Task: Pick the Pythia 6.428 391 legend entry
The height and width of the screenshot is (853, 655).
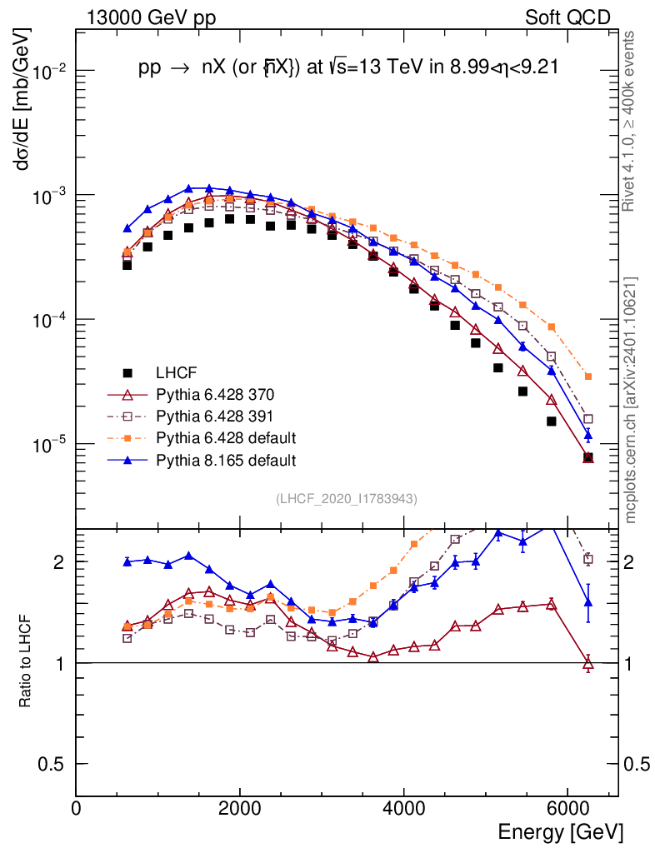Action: [213, 416]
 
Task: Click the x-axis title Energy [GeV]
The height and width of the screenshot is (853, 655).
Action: [560, 831]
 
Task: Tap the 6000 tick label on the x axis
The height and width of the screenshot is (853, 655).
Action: [567, 808]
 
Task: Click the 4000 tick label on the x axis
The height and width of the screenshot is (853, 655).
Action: [404, 808]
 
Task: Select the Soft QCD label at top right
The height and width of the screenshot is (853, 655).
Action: [567, 17]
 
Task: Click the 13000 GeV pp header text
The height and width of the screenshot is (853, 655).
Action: [151, 17]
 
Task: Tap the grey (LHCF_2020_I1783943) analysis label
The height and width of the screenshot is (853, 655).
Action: [347, 498]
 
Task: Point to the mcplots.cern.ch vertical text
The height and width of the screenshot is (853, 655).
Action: [632, 401]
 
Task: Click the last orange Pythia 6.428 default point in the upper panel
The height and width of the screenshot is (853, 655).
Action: [588, 377]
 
